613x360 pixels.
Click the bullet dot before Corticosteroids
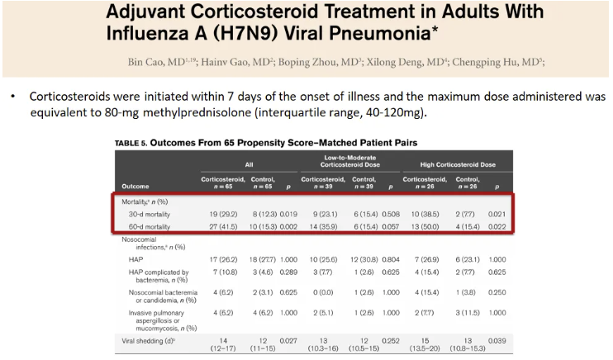coord(14,97)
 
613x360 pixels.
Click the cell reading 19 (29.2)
coord(218,215)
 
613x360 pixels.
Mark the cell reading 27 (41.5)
coord(218,226)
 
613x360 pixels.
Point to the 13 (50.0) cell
coord(420,226)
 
